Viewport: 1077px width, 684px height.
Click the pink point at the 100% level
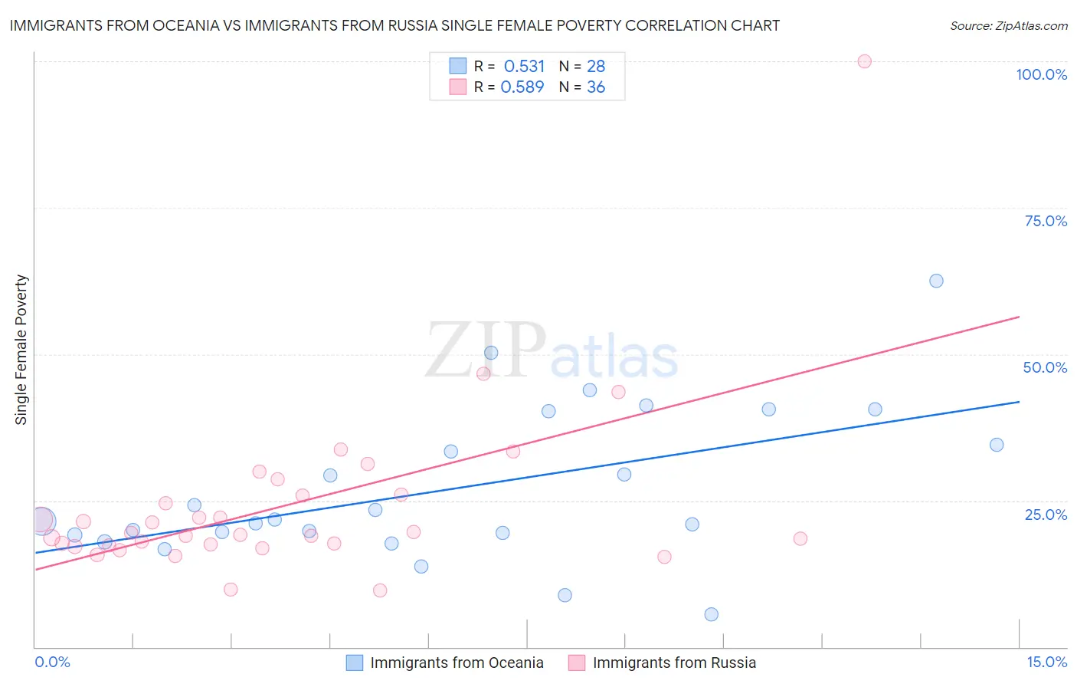[864, 61]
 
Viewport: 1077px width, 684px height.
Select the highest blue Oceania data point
[936, 281]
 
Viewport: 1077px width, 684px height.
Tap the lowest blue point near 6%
[711, 614]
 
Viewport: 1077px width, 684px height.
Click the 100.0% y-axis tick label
[1041, 74]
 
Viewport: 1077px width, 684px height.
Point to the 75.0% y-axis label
[1046, 221]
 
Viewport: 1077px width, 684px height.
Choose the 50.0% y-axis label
[1045, 367]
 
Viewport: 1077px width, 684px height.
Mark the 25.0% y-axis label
[1046, 515]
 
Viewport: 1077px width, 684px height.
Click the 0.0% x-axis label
[52, 662]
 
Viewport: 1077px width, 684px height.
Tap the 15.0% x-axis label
[1046, 662]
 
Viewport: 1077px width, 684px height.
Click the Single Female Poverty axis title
[21, 350]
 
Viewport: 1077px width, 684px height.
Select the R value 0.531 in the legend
[524, 66]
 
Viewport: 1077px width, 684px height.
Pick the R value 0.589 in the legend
[522, 87]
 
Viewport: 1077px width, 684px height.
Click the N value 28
[596, 66]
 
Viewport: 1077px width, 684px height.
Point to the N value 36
[596, 87]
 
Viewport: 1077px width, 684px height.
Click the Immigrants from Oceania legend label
[457, 663]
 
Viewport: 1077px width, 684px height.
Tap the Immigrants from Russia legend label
[674, 663]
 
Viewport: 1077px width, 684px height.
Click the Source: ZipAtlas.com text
[1008, 26]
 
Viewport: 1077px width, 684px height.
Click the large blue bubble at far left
[43, 521]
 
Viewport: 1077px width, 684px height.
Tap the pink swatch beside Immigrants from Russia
[577, 663]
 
